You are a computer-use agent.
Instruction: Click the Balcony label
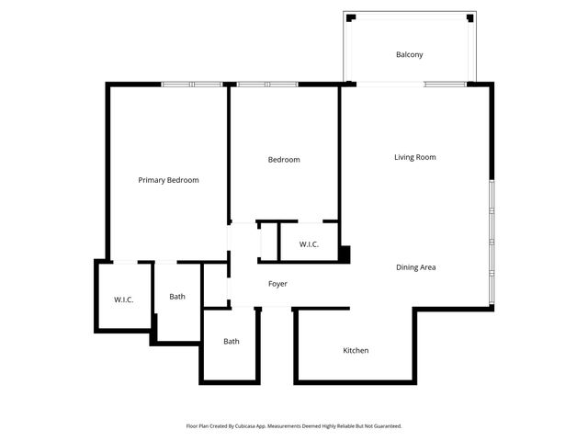409,54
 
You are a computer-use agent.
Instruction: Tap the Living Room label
414,157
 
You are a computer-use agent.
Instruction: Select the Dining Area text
415,267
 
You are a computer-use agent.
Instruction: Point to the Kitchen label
356,350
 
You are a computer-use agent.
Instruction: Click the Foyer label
277,284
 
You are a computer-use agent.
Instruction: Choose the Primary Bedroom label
168,180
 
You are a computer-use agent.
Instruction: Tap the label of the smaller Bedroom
284,160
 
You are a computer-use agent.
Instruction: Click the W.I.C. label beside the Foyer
307,244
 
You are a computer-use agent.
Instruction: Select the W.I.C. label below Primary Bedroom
124,300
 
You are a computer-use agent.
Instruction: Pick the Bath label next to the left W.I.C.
177,297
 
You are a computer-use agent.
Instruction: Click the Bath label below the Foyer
232,342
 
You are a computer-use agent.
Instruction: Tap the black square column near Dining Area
345,254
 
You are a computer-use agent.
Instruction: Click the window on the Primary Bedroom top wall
193,85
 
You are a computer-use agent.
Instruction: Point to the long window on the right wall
492,243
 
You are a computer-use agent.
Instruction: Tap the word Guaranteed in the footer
386,426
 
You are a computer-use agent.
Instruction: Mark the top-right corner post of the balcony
470,17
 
